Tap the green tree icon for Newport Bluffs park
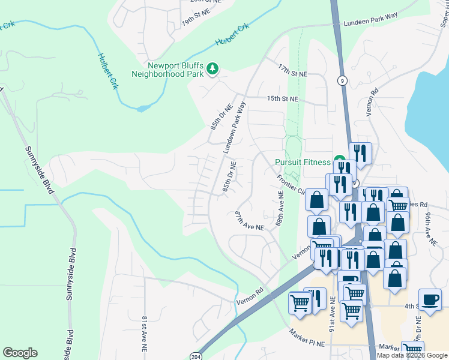pyautogui.click(x=212, y=70)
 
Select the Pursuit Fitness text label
pyautogui.click(x=303, y=162)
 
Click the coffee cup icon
pyautogui.click(x=430, y=301)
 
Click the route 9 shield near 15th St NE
pyautogui.click(x=342, y=80)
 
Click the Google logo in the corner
pyautogui.click(x=20, y=353)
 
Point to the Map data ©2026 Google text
pyautogui.click(x=412, y=355)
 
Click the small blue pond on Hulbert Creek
pyautogui.click(x=143, y=109)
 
